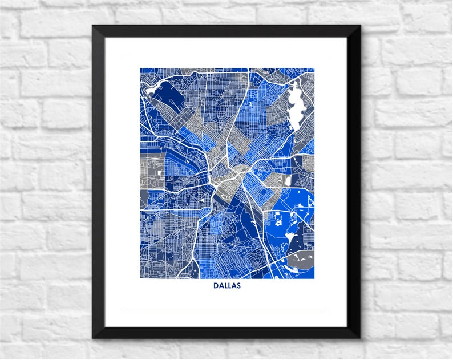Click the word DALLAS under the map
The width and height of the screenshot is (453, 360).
227,286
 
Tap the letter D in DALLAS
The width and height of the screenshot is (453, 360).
216,286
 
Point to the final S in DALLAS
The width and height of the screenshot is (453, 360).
238,286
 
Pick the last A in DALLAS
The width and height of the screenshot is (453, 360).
233,286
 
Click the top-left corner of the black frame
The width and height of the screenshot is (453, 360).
94,26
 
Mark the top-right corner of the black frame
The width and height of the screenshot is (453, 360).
359,26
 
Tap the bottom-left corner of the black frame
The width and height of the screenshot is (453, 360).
94,337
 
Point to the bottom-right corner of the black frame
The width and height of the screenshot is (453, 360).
359,337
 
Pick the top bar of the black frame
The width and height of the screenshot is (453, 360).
226,31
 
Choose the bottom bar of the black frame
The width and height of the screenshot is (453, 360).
226,332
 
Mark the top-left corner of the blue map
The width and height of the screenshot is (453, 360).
140,69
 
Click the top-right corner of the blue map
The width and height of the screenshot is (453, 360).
314,69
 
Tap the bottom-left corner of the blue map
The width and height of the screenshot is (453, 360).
140,278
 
